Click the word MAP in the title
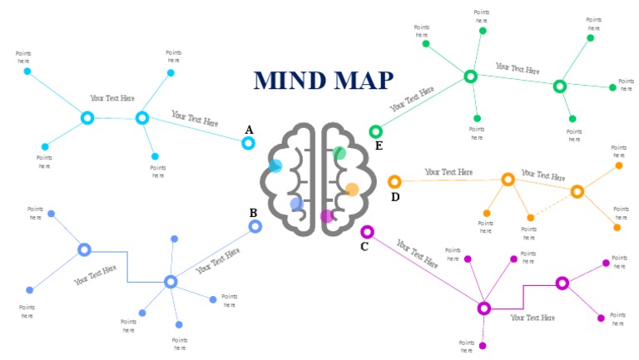click(363, 80)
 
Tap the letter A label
click(248, 130)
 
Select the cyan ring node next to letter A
click(248, 143)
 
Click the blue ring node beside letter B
click(255, 226)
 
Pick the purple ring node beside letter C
click(367, 231)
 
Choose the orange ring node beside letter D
click(394, 181)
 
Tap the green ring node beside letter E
click(375, 131)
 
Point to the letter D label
click(395, 197)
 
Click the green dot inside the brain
click(339, 153)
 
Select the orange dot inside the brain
click(352, 190)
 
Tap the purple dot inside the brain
click(327, 216)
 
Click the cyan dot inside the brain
click(276, 165)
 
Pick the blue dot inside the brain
click(296, 204)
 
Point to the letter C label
click(364, 246)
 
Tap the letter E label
click(379, 146)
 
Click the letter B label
click(253, 213)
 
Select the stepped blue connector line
click(127, 266)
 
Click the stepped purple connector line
click(523, 296)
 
